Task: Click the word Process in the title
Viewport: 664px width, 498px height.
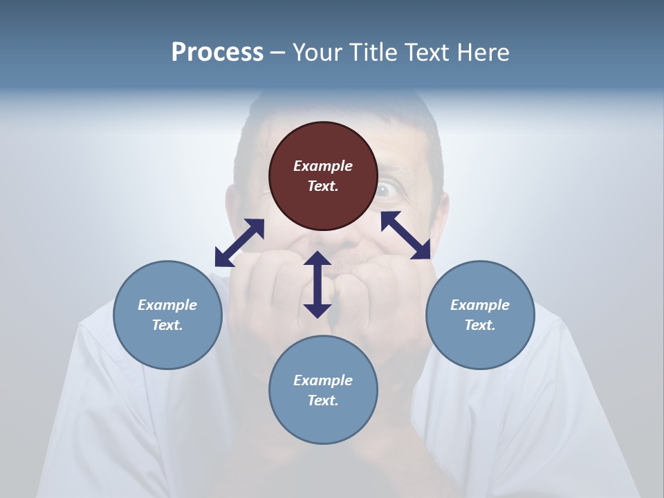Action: [217, 53]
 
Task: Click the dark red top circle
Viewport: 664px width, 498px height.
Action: [323, 176]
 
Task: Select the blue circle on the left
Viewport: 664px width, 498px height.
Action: [167, 315]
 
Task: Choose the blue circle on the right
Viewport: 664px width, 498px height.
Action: [480, 315]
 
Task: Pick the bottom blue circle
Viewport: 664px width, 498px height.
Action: [323, 390]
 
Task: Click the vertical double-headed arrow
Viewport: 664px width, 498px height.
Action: [317, 285]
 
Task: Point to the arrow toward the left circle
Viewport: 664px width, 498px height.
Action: [239, 243]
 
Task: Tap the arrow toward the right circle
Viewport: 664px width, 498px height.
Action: [406, 235]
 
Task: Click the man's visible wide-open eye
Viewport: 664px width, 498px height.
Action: [387, 188]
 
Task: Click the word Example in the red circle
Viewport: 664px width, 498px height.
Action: [323, 166]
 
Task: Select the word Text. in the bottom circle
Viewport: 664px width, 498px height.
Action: [323, 400]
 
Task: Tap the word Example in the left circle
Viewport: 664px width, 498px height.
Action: [167, 305]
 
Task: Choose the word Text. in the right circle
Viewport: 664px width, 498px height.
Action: [480, 325]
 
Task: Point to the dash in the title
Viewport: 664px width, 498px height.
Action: [278, 53]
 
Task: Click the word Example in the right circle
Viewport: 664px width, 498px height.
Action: [480, 305]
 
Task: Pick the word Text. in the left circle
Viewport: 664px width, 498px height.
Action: [167, 325]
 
